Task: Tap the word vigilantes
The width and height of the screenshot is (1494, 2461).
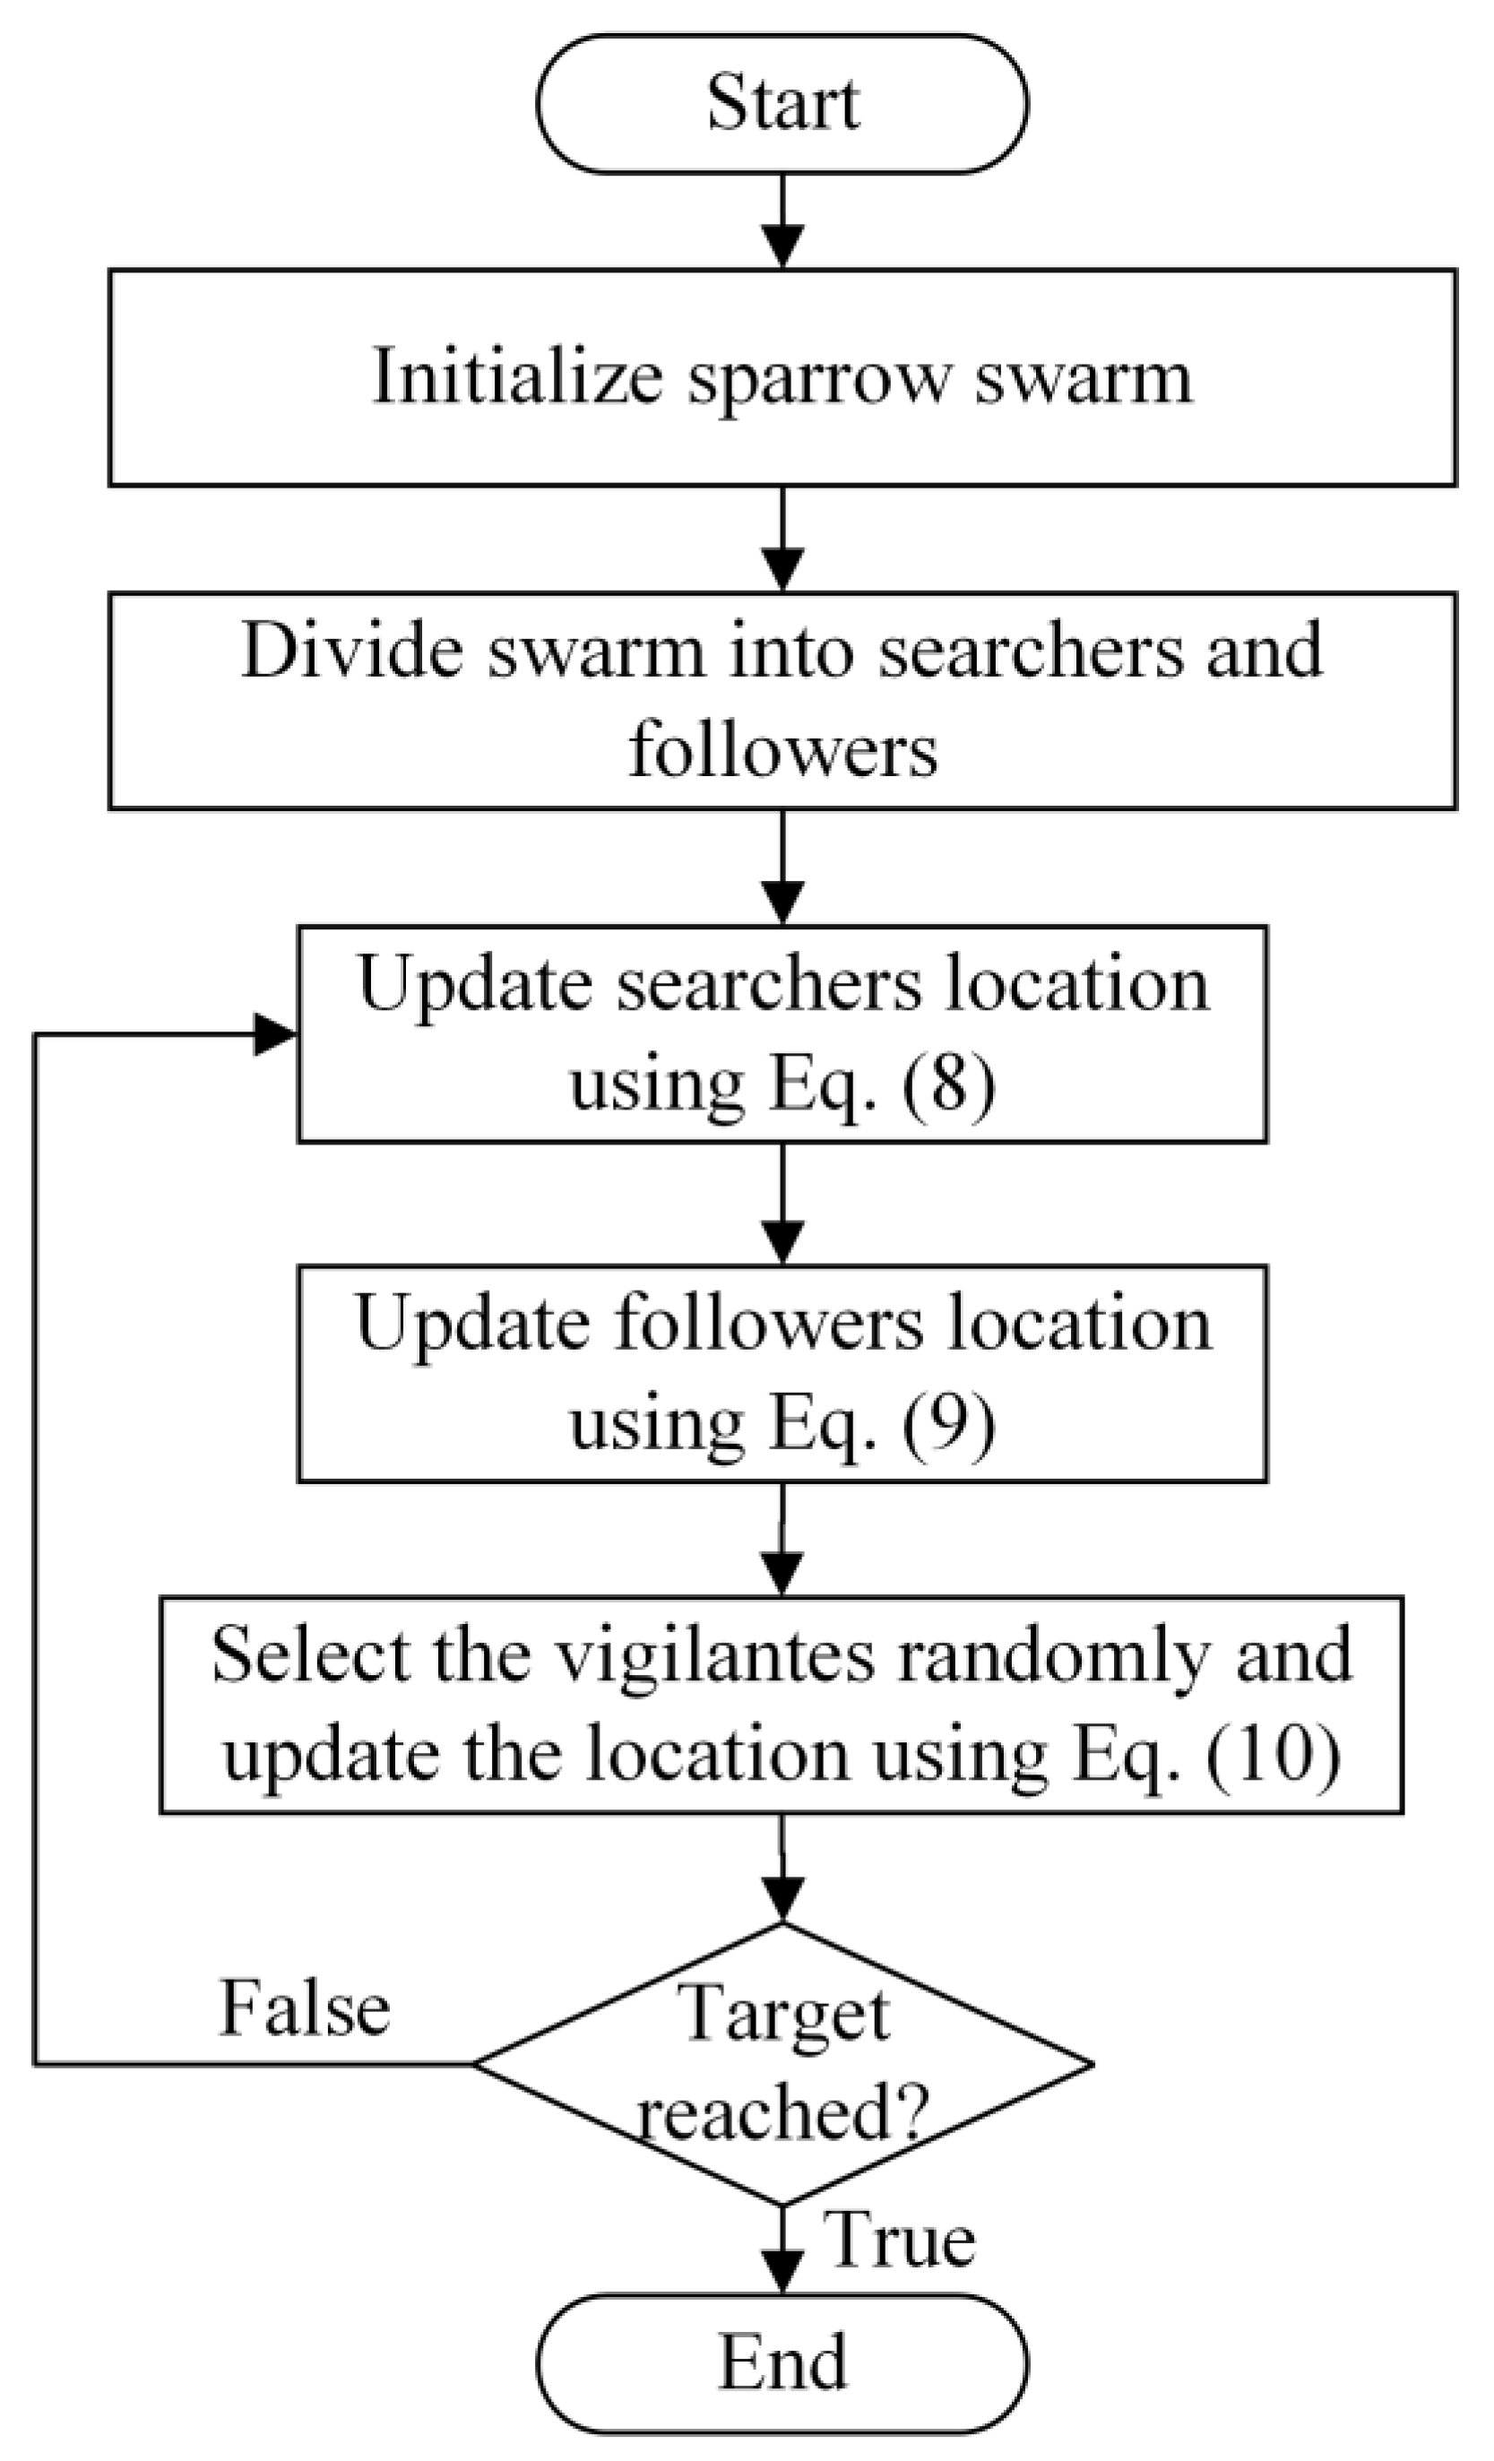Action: tap(714, 1658)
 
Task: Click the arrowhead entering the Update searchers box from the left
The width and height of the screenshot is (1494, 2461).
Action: tap(273, 1033)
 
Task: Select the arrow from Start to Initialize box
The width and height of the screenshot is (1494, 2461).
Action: tap(782, 220)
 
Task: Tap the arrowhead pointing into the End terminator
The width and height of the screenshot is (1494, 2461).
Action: tap(782, 2271)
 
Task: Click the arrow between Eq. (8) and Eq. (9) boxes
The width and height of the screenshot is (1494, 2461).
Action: tap(782, 1203)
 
